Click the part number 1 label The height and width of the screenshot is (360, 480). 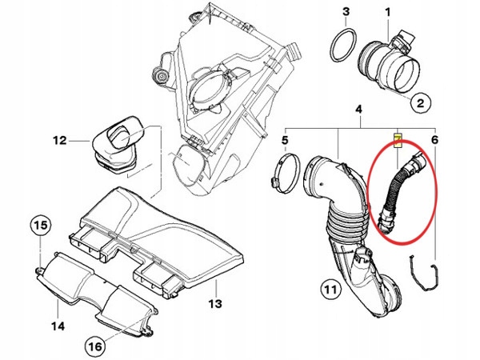click(x=388, y=12)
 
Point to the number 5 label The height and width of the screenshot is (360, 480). click(x=284, y=142)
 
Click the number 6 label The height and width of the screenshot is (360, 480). click(x=434, y=142)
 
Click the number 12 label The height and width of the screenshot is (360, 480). click(x=59, y=142)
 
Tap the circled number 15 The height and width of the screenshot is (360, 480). click(x=41, y=226)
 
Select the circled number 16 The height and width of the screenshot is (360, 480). click(x=94, y=346)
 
